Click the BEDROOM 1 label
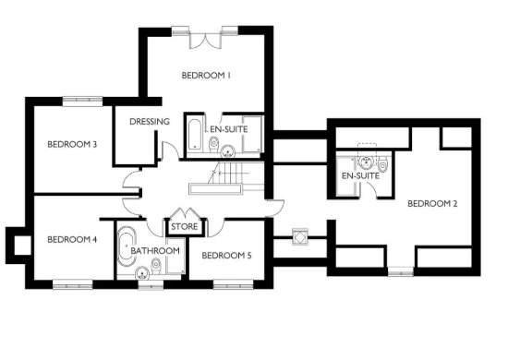click(205, 76)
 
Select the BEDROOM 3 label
click(72, 144)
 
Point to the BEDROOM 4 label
click(72, 240)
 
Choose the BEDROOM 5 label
click(225, 256)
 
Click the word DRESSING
click(149, 121)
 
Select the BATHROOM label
click(153, 250)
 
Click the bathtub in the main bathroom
click(125, 244)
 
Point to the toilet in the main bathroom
click(156, 268)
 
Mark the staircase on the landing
click(226, 174)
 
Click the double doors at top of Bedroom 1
click(205, 39)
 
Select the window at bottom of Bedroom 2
click(399, 270)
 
